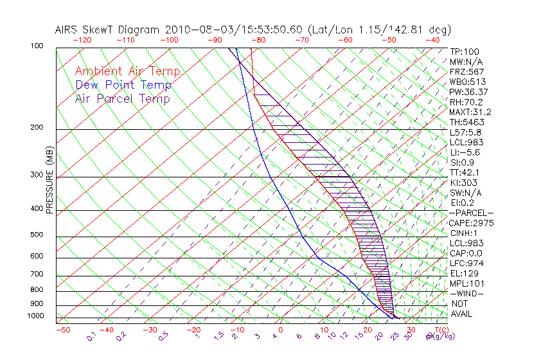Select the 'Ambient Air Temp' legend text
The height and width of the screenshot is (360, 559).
[x=127, y=71]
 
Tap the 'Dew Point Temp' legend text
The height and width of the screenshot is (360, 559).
[x=123, y=85]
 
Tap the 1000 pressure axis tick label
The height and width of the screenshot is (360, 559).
[x=36, y=316]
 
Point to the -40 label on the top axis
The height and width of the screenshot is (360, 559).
[x=432, y=40]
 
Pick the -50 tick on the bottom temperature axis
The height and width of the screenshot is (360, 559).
[x=62, y=330]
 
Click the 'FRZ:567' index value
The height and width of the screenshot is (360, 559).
[x=467, y=71]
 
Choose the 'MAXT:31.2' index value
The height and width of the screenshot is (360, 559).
[x=471, y=112]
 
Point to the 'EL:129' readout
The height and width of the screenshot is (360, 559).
[x=465, y=273]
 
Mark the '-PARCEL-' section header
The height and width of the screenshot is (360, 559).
[x=471, y=213]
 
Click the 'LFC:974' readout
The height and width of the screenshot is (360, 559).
[x=467, y=264]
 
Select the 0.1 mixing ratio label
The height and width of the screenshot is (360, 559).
[x=92, y=336]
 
